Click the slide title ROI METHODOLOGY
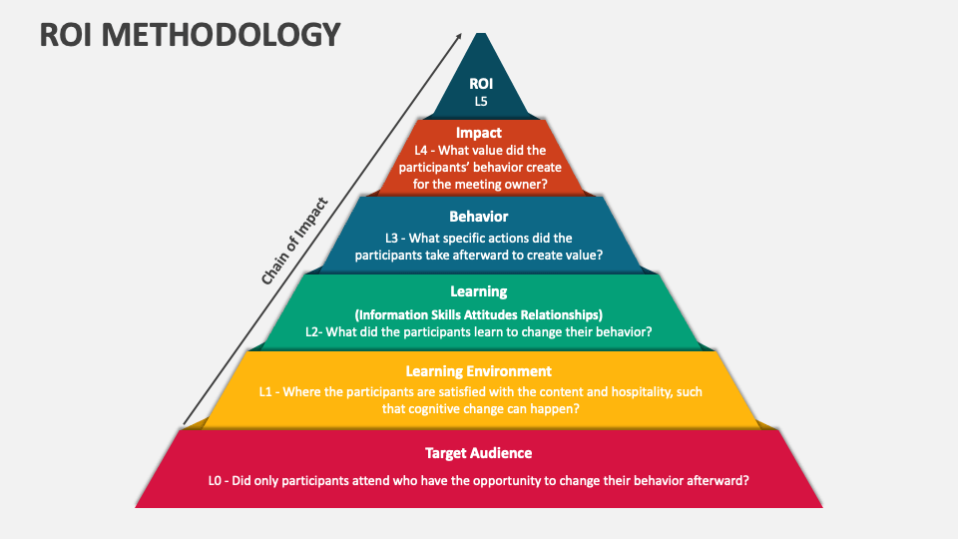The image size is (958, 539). (x=190, y=35)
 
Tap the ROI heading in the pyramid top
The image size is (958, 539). (x=480, y=84)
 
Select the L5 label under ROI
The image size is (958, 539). (x=480, y=101)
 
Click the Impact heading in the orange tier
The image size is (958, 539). (x=479, y=133)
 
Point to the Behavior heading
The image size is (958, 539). (x=479, y=217)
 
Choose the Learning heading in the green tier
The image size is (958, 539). (x=479, y=291)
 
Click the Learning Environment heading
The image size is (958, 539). (x=479, y=371)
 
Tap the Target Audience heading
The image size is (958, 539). (x=479, y=453)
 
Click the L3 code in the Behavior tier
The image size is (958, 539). (x=394, y=238)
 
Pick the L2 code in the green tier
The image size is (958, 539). (x=313, y=331)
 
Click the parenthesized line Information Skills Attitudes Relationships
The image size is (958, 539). (x=479, y=314)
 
